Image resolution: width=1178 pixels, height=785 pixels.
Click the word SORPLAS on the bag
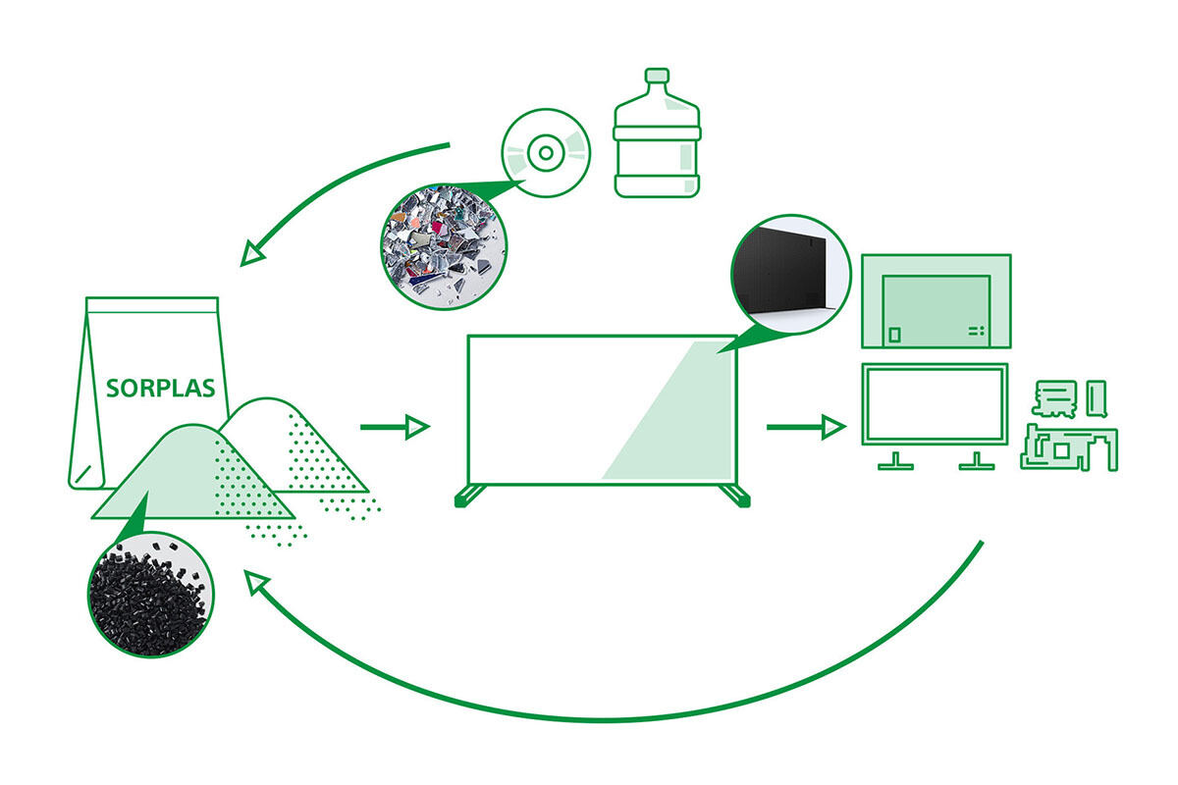(160, 388)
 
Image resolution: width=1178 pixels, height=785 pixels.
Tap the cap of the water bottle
(657, 76)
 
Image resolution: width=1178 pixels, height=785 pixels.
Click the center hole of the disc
(546, 153)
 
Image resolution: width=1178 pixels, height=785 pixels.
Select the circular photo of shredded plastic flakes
(444, 246)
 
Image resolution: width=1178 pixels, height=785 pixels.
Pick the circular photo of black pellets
(151, 594)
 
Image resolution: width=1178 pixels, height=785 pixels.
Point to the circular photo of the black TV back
(791, 274)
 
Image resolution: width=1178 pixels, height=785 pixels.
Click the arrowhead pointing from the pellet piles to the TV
(418, 427)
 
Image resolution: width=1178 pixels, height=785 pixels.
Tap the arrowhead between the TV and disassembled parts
(834, 427)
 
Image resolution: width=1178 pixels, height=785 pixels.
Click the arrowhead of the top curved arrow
(252, 253)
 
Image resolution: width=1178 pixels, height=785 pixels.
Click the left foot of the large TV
(469, 497)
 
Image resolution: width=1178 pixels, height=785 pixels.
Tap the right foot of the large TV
(735, 497)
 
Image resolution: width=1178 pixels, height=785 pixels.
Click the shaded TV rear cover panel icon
(937, 301)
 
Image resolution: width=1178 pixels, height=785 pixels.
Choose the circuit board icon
(1069, 448)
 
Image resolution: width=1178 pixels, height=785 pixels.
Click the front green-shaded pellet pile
(193, 472)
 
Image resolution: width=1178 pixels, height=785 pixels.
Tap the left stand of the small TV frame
(895, 460)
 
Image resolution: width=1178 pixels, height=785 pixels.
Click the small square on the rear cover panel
(894, 335)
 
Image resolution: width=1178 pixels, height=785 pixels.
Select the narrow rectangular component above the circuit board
(1098, 398)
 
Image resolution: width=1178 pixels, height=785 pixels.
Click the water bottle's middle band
(657, 133)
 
